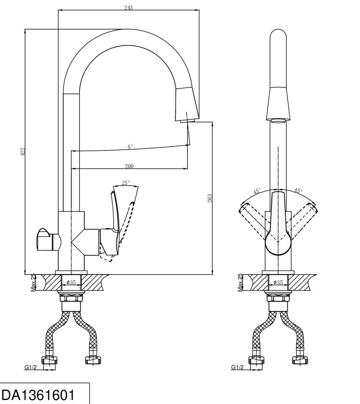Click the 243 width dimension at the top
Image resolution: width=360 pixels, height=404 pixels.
(128, 7)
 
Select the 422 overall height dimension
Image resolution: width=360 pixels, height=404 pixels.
(23, 151)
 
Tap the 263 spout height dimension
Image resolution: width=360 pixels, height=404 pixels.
(210, 198)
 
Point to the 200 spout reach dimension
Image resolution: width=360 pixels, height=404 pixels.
(129, 166)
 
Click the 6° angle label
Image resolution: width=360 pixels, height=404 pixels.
(130, 147)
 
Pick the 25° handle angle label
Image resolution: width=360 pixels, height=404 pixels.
(126, 183)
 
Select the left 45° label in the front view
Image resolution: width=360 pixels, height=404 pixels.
(257, 191)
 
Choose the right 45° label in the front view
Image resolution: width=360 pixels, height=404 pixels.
(298, 190)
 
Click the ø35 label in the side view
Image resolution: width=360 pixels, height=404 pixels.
(71, 282)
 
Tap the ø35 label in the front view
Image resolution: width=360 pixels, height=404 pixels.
(278, 282)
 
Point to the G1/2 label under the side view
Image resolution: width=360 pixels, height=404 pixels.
(31, 367)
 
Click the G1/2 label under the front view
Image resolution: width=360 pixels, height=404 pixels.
(237, 367)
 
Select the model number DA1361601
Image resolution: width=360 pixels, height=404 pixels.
(38, 395)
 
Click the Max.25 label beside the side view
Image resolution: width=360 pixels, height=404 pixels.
(33, 283)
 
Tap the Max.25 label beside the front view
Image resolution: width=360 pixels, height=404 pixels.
(240, 283)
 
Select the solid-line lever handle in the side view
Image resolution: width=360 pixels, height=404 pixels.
(113, 224)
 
